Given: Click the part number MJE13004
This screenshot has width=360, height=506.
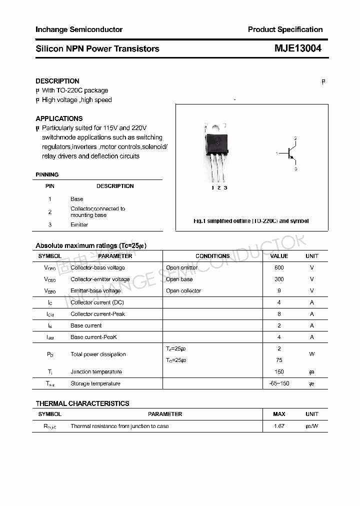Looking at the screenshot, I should click(x=297, y=48).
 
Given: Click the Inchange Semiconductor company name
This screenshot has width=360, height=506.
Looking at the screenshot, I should click(x=79, y=29).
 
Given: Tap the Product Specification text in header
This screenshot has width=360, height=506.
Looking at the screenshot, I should click(x=285, y=29).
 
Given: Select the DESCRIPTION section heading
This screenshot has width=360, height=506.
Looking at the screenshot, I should click(x=57, y=81).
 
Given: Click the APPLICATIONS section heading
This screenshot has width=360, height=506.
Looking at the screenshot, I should click(x=59, y=118).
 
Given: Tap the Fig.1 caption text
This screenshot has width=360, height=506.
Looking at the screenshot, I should click(x=251, y=221).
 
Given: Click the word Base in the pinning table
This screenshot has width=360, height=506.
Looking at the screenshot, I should click(x=77, y=199).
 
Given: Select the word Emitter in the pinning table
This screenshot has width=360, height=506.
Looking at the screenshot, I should click(x=79, y=225).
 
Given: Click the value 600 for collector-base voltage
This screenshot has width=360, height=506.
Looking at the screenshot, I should click(x=279, y=267).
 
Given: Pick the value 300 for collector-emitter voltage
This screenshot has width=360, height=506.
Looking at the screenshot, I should click(x=279, y=279).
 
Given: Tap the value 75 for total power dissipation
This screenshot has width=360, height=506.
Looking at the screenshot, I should click(x=279, y=360).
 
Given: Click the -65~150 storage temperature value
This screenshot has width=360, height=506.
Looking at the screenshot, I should click(x=279, y=383).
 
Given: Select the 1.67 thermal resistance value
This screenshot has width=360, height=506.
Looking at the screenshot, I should click(x=279, y=426).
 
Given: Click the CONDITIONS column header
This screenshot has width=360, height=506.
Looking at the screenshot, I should click(x=212, y=256).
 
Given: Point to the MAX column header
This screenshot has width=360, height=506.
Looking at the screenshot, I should click(x=279, y=414).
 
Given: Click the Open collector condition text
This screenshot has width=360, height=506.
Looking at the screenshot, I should click(x=183, y=291).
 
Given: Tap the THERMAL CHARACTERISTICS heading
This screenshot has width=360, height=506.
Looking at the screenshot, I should click(x=82, y=403).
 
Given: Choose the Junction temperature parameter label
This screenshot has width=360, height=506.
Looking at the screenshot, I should click(x=96, y=372).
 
